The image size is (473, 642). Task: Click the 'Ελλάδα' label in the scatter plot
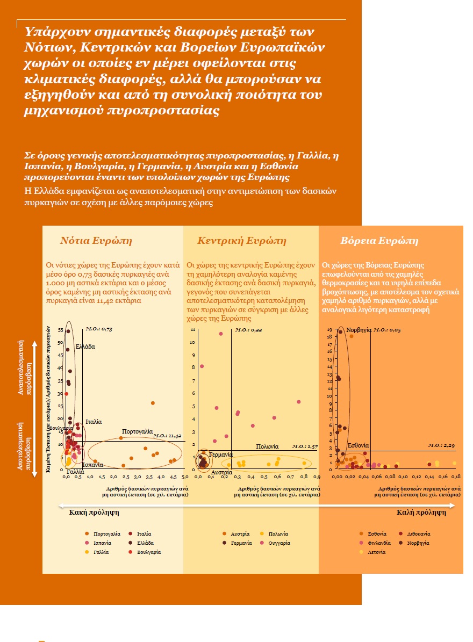[85, 347]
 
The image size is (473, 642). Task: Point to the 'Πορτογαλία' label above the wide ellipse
[138, 432]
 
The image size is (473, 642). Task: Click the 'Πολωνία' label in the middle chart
[267, 446]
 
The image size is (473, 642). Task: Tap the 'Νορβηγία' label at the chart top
[359, 329]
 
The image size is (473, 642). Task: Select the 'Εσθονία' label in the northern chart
[358, 446]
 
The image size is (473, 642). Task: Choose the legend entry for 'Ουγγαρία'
[279, 543]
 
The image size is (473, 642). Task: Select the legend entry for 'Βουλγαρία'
[149, 552]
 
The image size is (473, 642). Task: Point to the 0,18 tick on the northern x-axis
[455, 477]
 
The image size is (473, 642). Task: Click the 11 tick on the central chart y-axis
[192, 330]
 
